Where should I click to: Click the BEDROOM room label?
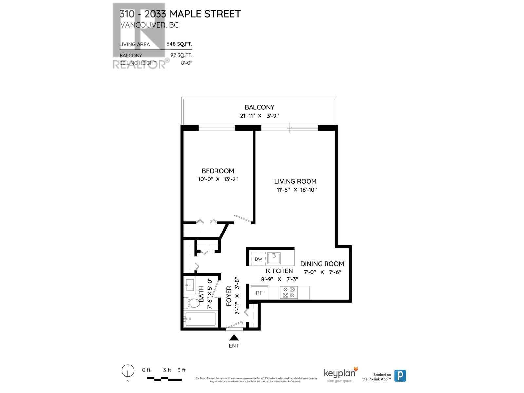pyautogui.click(x=217, y=171)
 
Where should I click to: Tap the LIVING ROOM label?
pyautogui.click(x=295, y=181)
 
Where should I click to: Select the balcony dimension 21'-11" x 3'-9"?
pyautogui.click(x=259, y=116)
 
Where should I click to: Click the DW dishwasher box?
pyautogui.click(x=258, y=259)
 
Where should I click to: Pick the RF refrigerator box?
pyautogui.click(x=259, y=293)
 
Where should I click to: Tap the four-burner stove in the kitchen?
pyautogui.click(x=289, y=292)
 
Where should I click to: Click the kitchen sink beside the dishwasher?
pyautogui.click(x=273, y=258)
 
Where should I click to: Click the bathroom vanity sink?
pyautogui.click(x=190, y=285)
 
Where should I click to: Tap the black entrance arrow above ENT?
pyautogui.click(x=234, y=338)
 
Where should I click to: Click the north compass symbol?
pyautogui.click(x=128, y=371)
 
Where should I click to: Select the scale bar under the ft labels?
pyautogui.click(x=164, y=379)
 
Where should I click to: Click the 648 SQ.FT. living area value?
pyautogui.click(x=179, y=44)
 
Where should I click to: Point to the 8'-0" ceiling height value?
pyautogui.click(x=186, y=63)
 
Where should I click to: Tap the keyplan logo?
pyautogui.click(x=340, y=374)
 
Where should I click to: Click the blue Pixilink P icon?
pyautogui.click(x=400, y=375)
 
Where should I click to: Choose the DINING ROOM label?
pyautogui.click(x=322, y=264)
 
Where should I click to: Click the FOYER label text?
pyautogui.click(x=229, y=296)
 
